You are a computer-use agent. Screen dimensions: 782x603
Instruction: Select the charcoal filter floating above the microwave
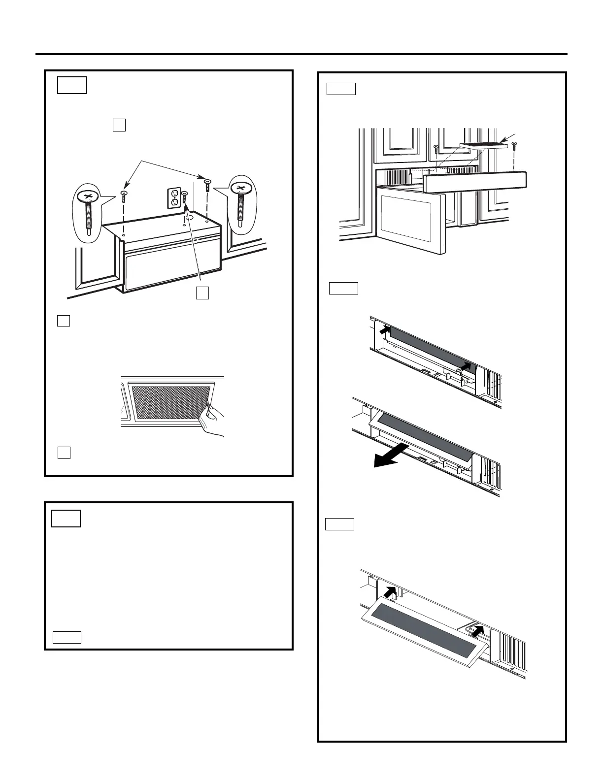483,145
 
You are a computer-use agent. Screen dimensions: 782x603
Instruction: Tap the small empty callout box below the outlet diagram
202,293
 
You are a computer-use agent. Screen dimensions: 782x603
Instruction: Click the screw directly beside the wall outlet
184,199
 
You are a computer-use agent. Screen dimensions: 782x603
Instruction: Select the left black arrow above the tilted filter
391,591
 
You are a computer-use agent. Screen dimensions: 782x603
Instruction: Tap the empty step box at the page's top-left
72,85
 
